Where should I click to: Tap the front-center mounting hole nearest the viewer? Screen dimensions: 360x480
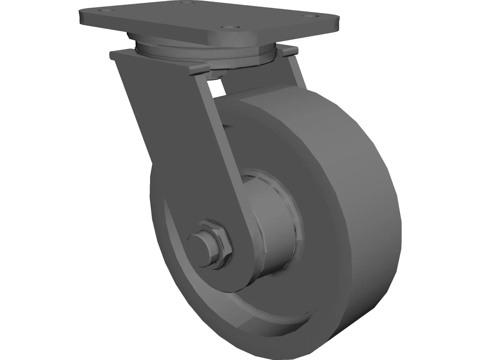[230, 27]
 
